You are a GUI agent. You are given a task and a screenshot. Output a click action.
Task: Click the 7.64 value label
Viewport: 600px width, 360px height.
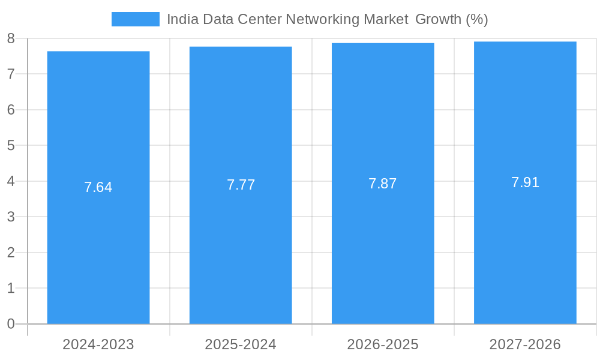pos(98,187)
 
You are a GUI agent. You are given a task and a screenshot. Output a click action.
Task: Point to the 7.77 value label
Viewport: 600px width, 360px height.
pos(241,185)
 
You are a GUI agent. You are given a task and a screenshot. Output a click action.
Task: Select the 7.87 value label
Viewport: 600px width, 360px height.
pos(383,184)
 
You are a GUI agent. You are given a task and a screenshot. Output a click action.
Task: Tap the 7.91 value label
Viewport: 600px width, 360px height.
pos(525,182)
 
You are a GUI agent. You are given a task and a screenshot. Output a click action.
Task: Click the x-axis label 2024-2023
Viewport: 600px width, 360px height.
pos(98,344)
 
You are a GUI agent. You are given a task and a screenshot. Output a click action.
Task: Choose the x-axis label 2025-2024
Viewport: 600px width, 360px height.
pos(241,344)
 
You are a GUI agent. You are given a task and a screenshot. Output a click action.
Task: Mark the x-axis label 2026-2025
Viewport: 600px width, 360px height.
pos(383,344)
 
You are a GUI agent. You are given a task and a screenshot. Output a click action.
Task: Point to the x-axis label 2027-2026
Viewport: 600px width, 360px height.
pos(525,344)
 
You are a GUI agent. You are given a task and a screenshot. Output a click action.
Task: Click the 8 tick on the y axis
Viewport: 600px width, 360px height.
pos(11,38)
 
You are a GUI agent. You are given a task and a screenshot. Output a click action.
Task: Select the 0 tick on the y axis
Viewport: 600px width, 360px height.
pos(11,324)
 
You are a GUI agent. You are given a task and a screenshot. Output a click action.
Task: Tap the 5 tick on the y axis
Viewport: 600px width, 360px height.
pos(11,145)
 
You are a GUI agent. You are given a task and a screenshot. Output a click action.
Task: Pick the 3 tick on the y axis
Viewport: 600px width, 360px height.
pos(11,217)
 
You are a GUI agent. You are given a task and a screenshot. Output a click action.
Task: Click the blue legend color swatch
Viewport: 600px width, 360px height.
pos(136,19)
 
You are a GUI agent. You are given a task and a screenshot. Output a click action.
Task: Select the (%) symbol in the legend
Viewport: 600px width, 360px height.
pos(477,19)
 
